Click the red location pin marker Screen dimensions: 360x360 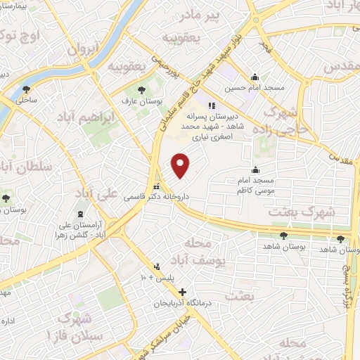point(181,165)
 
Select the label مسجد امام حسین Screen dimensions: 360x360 point(246,89)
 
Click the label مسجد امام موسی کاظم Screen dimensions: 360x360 point(258,186)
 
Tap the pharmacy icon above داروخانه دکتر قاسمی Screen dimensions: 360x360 point(156,187)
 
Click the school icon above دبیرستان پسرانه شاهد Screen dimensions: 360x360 point(212,105)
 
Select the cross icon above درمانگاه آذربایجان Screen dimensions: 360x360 point(182,292)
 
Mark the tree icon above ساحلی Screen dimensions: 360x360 point(26,89)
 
